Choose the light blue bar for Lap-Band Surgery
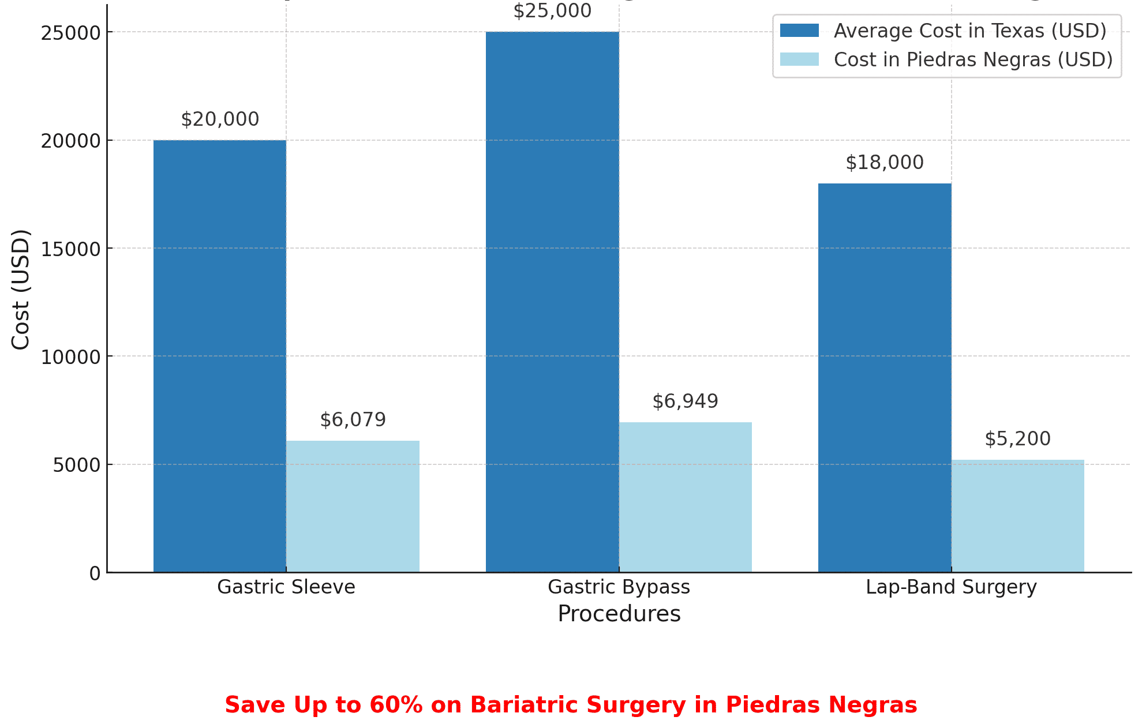pyautogui.click(x=1017, y=516)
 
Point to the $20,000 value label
pyautogui.click(x=220, y=119)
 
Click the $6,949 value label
pyautogui.click(x=685, y=401)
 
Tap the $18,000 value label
pyautogui.click(x=885, y=163)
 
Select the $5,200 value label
pyautogui.click(x=1017, y=439)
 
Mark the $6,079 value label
pyautogui.click(x=353, y=420)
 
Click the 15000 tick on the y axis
pyautogui.click(x=70, y=249)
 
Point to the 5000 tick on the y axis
pyautogui.click(x=76, y=465)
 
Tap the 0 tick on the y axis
pyautogui.click(x=95, y=573)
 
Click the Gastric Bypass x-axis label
pyautogui.click(x=619, y=587)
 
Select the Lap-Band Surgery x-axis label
pyautogui.click(x=951, y=587)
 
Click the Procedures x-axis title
pyautogui.click(x=619, y=614)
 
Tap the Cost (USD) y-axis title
pyautogui.click(x=21, y=290)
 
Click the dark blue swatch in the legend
pyautogui.click(x=799, y=31)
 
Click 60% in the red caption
pyautogui.click(x=396, y=705)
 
